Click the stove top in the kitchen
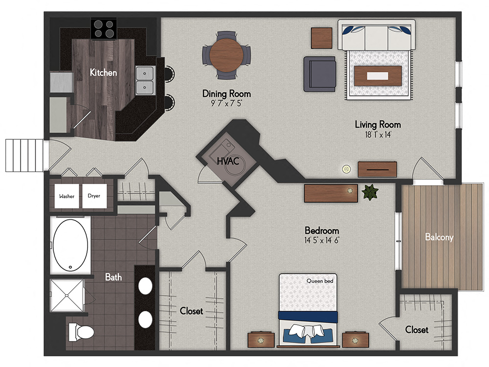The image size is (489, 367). point(104,29)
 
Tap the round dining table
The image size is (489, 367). point(226,55)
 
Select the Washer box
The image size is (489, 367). point(67,196)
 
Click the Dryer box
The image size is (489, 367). point(94,196)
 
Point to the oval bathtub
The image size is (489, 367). point(70,245)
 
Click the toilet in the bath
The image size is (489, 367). point(81,332)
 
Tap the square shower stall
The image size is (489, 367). point(67,295)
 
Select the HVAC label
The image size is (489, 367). point(228,161)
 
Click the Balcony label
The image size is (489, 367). point(439,237)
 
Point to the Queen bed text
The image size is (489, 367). point(320,281)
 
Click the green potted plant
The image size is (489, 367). point(370,192)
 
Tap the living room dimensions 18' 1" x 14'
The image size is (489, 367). point(378,134)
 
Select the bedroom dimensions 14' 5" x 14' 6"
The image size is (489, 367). point(322,240)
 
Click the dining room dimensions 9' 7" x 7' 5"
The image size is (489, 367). point(226,103)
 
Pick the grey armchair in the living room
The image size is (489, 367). point(320,74)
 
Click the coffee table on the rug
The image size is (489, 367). point(378,76)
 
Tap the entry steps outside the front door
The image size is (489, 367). point(24,155)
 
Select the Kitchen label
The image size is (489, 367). point(103,73)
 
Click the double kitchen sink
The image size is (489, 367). point(145,80)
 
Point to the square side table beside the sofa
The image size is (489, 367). point(322,38)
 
